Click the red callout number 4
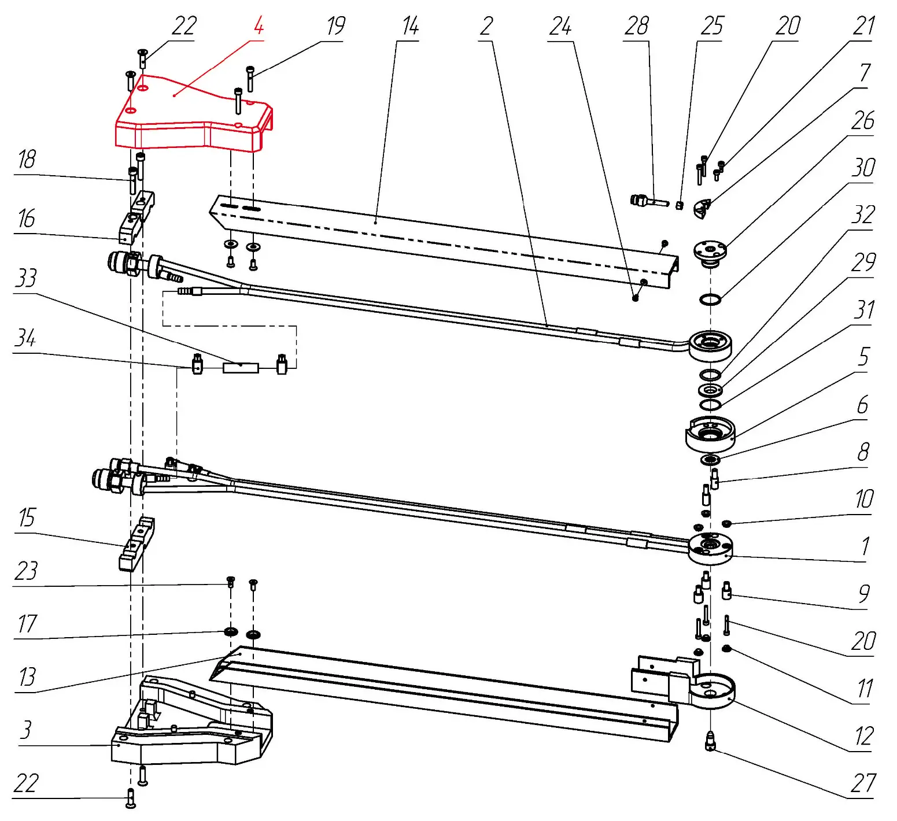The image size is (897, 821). pos(259,26)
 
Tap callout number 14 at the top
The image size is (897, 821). pos(410,26)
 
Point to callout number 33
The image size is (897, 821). pos(26,278)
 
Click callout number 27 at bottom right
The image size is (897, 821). pos(863,783)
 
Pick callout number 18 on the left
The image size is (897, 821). pos(27,160)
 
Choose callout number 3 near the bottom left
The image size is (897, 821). pos(25,730)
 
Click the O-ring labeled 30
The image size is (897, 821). pos(710,299)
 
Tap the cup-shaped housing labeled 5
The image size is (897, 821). pos(710,434)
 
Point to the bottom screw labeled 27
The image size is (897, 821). pos(711,742)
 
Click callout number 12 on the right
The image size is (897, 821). pos(863,736)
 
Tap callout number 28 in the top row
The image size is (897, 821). pos(637,26)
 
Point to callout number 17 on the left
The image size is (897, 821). pos(27,624)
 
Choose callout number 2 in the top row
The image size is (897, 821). pos(486,26)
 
